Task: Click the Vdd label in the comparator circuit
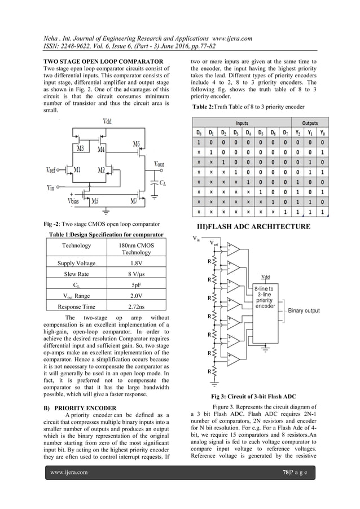[107, 121]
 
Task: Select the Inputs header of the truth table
[242, 122]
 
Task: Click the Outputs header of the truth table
[310, 122]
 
